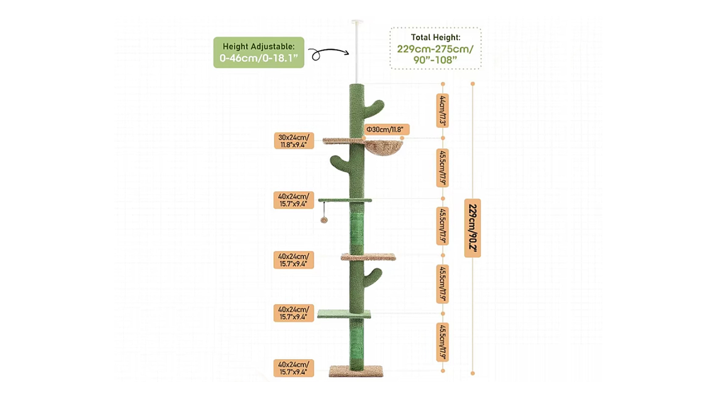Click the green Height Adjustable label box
(x=259, y=52)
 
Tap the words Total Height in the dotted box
(x=435, y=37)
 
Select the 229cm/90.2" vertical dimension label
(x=472, y=228)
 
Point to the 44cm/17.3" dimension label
(x=442, y=110)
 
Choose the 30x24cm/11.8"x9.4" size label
(x=293, y=141)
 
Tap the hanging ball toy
(x=324, y=220)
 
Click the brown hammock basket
(x=384, y=146)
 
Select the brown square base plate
(x=356, y=371)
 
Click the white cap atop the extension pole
(x=357, y=21)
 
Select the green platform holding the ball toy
(x=345, y=200)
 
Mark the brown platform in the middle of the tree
(x=368, y=257)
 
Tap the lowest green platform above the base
(x=344, y=314)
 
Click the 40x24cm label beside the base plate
(x=293, y=368)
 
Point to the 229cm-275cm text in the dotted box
(x=435, y=49)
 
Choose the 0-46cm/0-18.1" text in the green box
(x=259, y=58)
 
